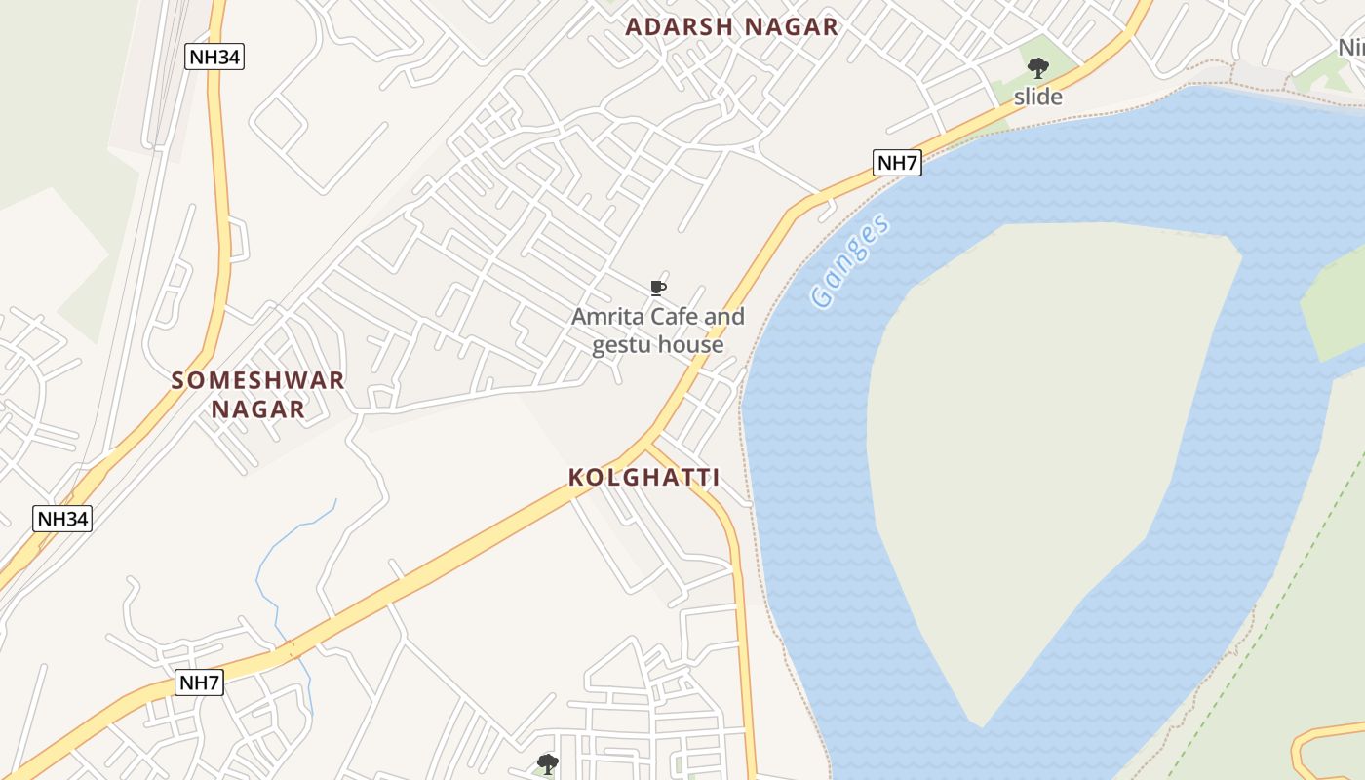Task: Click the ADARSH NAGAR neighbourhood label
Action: (x=731, y=27)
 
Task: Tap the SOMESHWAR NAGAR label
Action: (x=258, y=394)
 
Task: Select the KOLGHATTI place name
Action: (x=644, y=478)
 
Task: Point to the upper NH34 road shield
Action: (x=214, y=57)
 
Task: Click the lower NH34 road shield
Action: (x=63, y=519)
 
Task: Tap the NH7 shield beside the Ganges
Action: (x=897, y=163)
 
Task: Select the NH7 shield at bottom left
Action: (x=200, y=682)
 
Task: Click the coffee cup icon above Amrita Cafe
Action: (x=658, y=288)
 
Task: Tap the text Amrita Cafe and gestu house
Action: (x=658, y=331)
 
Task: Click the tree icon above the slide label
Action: (x=1038, y=67)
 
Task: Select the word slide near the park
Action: (x=1038, y=97)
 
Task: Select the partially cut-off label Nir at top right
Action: (x=1351, y=47)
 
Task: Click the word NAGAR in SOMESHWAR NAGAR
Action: (x=258, y=409)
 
